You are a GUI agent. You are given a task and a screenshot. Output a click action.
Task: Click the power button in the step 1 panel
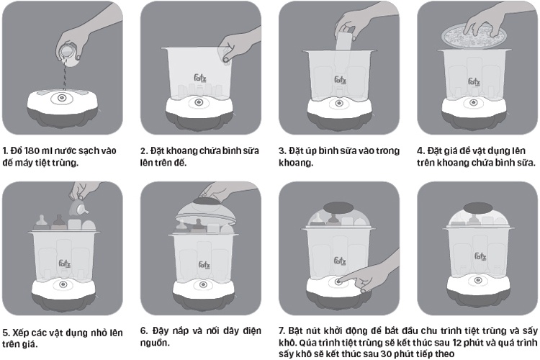[x=62, y=98]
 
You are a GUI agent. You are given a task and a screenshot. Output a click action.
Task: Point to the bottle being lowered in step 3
[x=343, y=41]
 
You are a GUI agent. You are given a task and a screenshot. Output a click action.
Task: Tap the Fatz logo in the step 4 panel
[x=474, y=82]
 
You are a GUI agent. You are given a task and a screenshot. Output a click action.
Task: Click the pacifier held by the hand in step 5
[x=79, y=207]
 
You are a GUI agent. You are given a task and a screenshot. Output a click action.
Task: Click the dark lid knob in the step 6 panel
[x=206, y=202]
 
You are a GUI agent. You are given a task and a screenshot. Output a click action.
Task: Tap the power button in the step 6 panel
[x=202, y=284]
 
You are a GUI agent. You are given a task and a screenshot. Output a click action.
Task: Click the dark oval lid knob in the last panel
[x=477, y=208]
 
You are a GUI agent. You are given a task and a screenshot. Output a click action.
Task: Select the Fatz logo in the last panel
[x=480, y=256]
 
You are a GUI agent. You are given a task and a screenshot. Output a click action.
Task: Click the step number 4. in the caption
[x=421, y=151]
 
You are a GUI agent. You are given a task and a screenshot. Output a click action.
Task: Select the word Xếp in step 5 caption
[x=20, y=333]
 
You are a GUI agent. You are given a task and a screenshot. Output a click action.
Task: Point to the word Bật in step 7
[x=295, y=330]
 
